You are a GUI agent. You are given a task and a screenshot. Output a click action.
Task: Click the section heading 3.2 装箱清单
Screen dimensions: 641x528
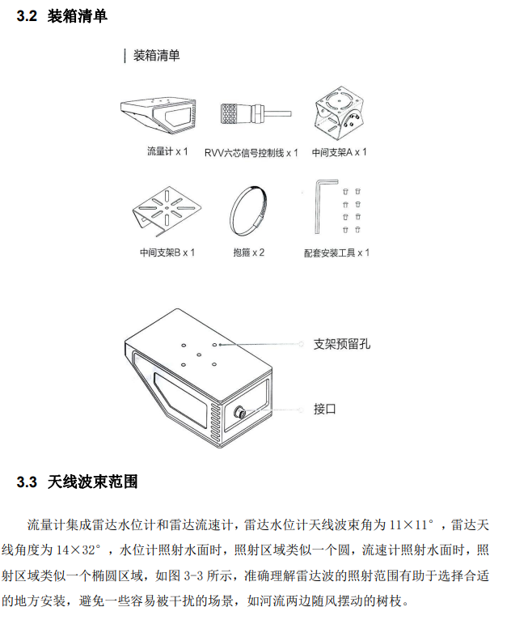[x=61, y=15]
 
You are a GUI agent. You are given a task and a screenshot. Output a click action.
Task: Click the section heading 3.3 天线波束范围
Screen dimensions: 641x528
[x=77, y=482]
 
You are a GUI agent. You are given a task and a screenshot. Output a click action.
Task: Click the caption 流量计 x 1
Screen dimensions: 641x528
[x=167, y=151]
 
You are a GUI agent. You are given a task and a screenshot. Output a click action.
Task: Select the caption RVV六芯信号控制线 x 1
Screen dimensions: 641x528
[x=251, y=152]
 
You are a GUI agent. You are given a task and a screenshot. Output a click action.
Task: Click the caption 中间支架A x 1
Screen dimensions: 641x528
[x=340, y=151]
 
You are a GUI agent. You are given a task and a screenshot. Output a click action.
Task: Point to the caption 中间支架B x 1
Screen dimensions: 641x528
[x=167, y=253]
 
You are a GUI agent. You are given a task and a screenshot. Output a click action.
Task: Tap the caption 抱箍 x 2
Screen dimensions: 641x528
[x=248, y=253]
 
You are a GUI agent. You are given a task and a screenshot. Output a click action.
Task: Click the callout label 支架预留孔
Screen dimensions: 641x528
[x=341, y=343]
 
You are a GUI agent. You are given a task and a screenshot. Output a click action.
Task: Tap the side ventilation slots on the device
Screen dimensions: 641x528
[x=217, y=420]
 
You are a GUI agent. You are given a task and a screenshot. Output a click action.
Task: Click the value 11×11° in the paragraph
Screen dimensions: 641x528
[x=412, y=524]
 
